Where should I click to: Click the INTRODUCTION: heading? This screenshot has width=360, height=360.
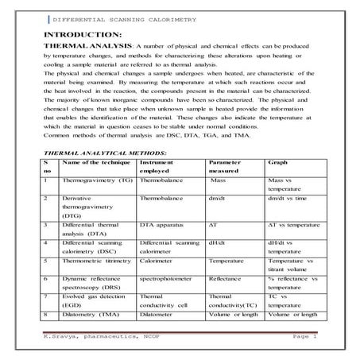point(83,35)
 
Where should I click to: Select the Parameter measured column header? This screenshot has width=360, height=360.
point(228,165)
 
